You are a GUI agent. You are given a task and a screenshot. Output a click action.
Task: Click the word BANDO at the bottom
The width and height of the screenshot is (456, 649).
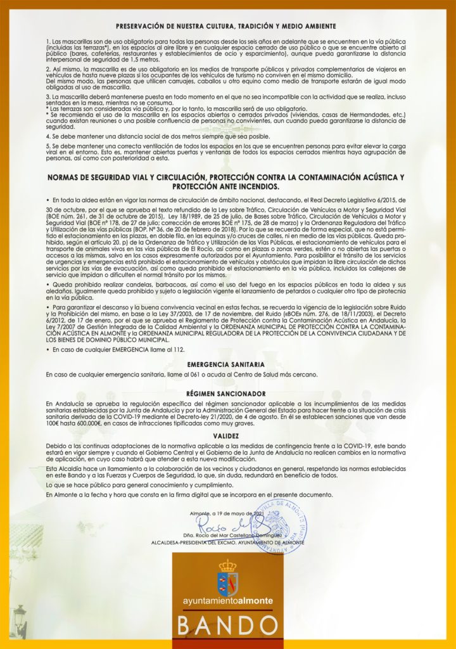[x=229, y=626]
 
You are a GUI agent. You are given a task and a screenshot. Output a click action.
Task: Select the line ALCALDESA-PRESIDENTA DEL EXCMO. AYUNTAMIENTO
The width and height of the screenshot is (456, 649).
[x=227, y=543]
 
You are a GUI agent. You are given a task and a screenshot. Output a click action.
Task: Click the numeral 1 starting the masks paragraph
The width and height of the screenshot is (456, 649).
[x=47, y=41]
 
